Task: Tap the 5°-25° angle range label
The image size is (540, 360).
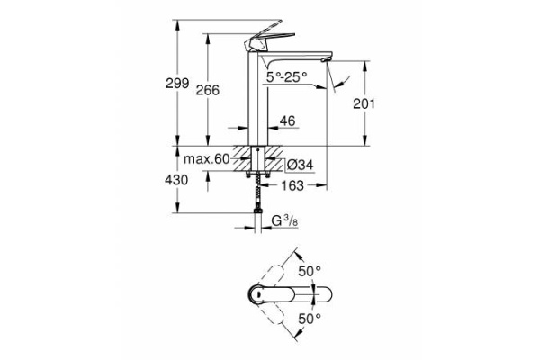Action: click(x=287, y=76)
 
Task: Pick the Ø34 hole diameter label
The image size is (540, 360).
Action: click(x=299, y=164)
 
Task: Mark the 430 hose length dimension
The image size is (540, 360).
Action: click(x=176, y=180)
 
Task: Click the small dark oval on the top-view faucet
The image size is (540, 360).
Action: click(x=256, y=293)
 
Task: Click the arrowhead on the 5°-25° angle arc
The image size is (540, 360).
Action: click(x=332, y=86)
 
